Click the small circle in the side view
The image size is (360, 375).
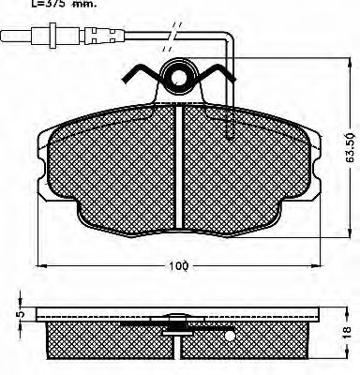click(229, 333)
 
